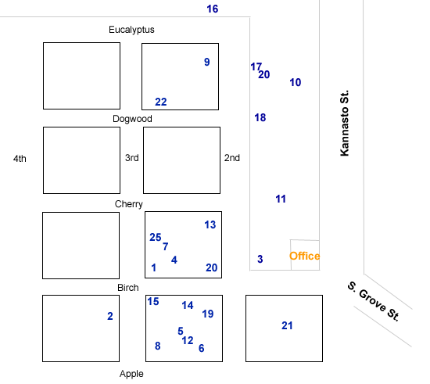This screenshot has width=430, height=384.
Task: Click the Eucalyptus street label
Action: click(x=131, y=30)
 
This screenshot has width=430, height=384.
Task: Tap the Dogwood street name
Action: click(x=132, y=119)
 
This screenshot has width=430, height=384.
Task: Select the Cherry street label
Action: click(x=129, y=204)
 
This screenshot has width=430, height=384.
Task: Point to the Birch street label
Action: click(x=128, y=288)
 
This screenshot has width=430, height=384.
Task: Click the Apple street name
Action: click(x=131, y=374)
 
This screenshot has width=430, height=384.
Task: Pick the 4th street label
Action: click(x=20, y=159)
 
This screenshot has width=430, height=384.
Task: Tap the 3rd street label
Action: click(x=132, y=158)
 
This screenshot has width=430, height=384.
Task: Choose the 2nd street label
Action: click(x=232, y=158)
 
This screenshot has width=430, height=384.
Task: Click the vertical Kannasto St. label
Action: click(x=345, y=123)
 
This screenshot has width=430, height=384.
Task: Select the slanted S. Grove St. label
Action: click(x=374, y=301)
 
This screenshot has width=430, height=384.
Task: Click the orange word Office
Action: click(x=305, y=257)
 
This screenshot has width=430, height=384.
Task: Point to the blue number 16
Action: click(x=213, y=9)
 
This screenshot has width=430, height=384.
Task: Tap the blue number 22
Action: click(x=161, y=102)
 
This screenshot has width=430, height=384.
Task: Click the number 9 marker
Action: click(x=207, y=62)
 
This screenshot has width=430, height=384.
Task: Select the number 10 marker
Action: click(x=296, y=83)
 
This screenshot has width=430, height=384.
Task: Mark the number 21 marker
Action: click(x=287, y=326)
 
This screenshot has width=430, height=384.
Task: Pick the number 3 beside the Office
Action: click(x=260, y=259)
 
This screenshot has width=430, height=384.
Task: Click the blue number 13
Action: click(x=210, y=225)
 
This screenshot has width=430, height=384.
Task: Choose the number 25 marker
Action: click(x=156, y=238)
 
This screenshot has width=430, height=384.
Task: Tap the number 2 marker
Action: click(x=110, y=316)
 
